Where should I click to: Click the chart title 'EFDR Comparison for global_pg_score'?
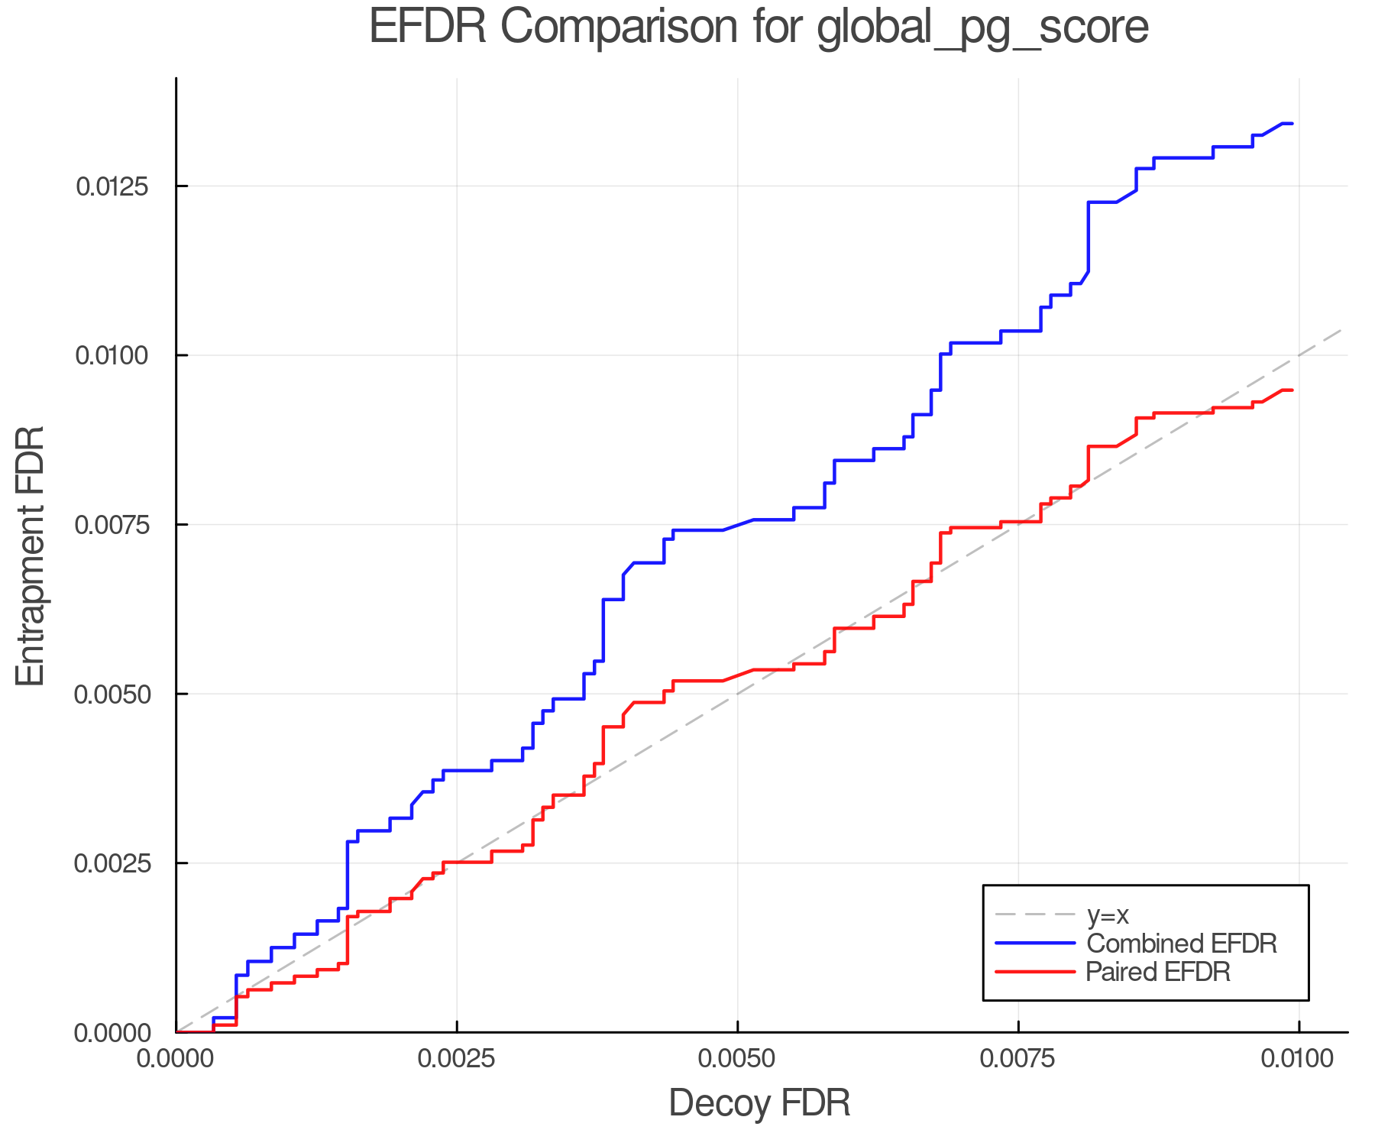pyautogui.click(x=759, y=28)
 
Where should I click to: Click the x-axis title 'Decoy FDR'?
pyautogui.click(x=759, y=1103)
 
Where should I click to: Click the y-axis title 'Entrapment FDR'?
pyautogui.click(x=31, y=555)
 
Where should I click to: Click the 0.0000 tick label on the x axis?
pyautogui.click(x=176, y=1059)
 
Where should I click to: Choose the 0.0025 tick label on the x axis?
pyautogui.click(x=457, y=1059)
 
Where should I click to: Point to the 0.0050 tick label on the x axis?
pyautogui.click(x=737, y=1059)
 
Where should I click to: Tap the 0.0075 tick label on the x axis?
pyautogui.click(x=1018, y=1059)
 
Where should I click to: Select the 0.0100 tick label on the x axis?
pyautogui.click(x=1299, y=1059)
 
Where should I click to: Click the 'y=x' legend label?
pyautogui.click(x=1108, y=915)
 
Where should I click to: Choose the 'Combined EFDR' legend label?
pyautogui.click(x=1182, y=944)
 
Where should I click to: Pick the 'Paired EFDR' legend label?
pyautogui.click(x=1158, y=972)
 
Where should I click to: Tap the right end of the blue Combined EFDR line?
pyautogui.click(x=1292, y=123)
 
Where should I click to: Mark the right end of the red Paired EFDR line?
pyautogui.click(x=1292, y=390)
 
